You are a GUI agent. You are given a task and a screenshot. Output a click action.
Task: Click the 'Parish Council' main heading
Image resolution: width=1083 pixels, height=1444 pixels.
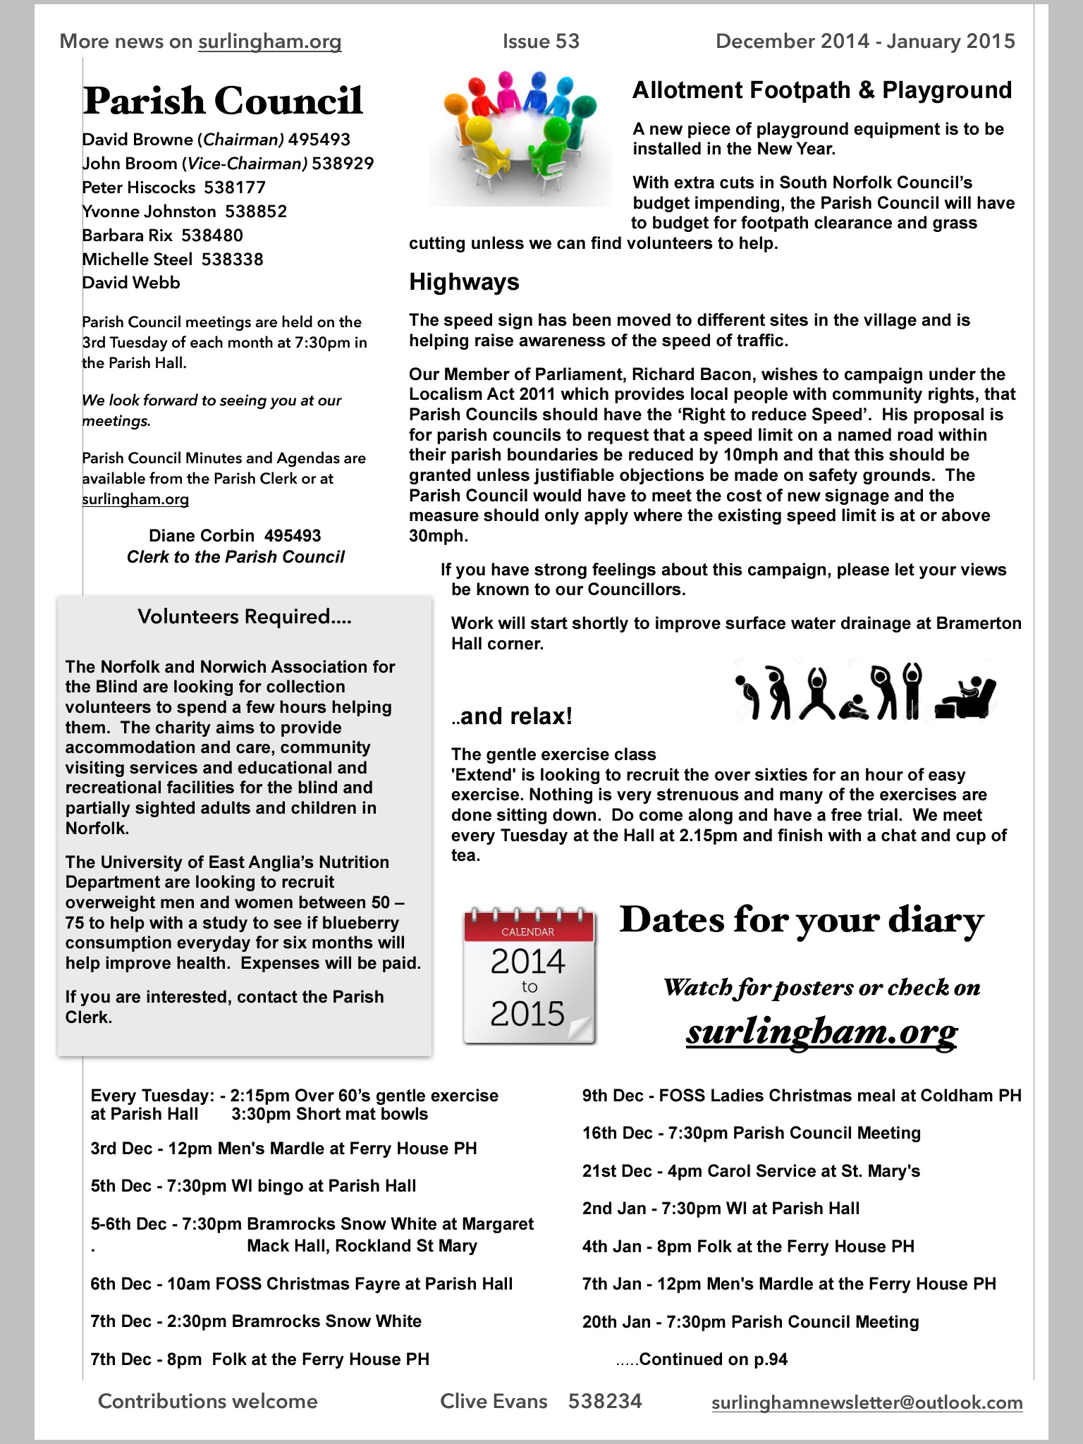click(223, 101)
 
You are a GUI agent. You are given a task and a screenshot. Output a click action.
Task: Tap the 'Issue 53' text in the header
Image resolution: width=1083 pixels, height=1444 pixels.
click(541, 42)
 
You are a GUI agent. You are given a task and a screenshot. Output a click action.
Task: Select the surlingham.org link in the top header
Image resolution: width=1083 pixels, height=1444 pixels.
click(270, 42)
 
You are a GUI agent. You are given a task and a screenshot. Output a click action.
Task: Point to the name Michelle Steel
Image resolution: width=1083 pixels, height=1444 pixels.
click(137, 259)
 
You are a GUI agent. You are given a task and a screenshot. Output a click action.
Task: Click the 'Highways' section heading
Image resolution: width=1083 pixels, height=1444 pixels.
click(464, 282)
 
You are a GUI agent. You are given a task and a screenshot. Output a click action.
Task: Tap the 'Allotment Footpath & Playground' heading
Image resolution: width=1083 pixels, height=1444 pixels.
click(821, 90)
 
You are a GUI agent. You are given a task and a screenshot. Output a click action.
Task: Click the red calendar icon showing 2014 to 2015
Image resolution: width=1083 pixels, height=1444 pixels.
click(529, 977)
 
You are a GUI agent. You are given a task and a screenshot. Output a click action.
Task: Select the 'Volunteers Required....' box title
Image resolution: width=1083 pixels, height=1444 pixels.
click(244, 617)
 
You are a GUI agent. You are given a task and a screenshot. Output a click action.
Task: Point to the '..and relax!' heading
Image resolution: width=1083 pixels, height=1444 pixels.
click(512, 716)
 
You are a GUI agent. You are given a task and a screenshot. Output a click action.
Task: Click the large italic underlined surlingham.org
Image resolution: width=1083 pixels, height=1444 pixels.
click(821, 1032)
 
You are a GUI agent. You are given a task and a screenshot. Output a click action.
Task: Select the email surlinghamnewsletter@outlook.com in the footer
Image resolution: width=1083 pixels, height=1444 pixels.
click(867, 1402)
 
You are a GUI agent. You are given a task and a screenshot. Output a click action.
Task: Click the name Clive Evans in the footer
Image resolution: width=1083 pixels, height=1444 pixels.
click(494, 1401)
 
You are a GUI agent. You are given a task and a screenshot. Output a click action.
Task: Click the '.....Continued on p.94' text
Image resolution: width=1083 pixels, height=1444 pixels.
click(702, 1359)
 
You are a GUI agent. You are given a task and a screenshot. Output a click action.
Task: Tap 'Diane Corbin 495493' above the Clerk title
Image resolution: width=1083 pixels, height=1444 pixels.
click(235, 536)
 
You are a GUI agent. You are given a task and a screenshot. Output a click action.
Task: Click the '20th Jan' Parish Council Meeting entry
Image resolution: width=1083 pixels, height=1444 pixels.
click(750, 1322)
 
